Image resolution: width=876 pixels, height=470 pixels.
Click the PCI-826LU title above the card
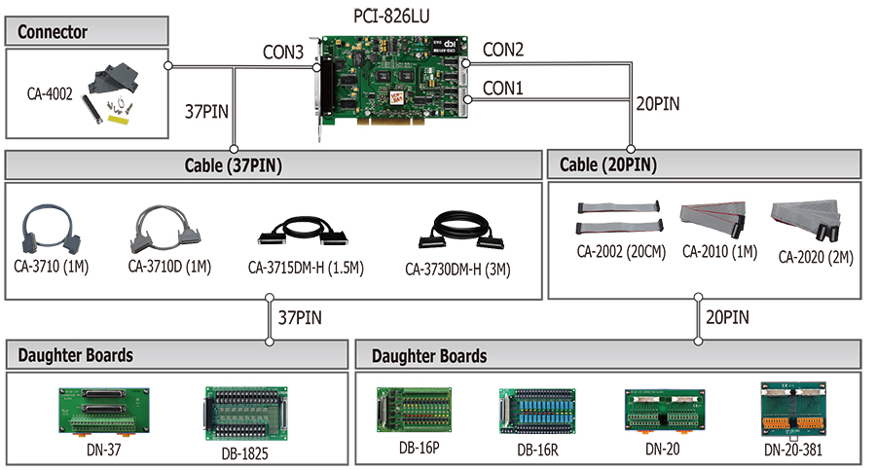(391, 17)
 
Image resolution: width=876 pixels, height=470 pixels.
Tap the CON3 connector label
(282, 53)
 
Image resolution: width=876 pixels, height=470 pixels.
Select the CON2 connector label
(503, 50)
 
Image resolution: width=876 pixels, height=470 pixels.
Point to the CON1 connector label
(503, 88)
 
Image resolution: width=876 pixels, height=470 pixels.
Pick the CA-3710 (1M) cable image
(51, 229)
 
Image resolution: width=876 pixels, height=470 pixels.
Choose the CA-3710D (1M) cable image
(165, 230)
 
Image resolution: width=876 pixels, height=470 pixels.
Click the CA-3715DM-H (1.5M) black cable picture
(303, 232)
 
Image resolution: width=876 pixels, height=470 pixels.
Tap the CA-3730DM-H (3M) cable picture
(461, 230)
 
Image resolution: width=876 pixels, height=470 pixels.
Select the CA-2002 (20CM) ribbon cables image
(620, 217)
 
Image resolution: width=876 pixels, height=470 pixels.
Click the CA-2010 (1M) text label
(719, 252)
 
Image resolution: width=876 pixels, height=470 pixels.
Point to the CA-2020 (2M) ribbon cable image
(806, 219)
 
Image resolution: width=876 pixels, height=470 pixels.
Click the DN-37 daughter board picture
(104, 412)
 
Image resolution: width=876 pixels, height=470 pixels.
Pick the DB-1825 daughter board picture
(246, 415)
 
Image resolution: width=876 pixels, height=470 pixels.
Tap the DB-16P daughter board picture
(414, 410)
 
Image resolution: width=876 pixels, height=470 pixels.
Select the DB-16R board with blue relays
(537, 412)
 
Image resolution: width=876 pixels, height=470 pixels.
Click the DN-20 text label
(663, 449)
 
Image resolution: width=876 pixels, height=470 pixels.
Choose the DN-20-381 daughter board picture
(793, 410)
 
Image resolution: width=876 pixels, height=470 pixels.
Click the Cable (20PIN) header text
(608, 164)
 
